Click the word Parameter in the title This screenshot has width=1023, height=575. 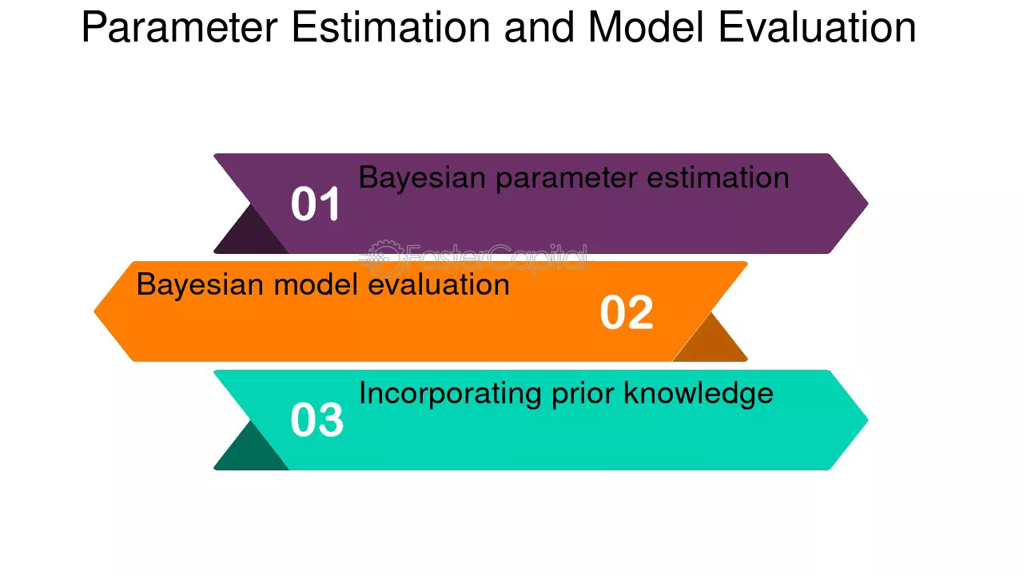point(180,28)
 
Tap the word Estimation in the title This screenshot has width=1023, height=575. point(391,27)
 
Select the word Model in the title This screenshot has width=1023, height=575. point(646,27)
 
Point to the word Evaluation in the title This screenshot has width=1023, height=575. point(818,27)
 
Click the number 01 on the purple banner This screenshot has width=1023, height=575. point(315,204)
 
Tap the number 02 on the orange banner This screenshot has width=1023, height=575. point(627,312)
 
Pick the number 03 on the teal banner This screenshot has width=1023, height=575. point(316,420)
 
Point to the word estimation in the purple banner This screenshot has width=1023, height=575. point(718,177)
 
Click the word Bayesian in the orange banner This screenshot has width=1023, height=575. point(200,286)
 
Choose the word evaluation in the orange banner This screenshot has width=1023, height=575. point(439,284)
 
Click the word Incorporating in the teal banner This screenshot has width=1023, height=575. point(450,395)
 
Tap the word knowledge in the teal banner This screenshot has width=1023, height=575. point(699,395)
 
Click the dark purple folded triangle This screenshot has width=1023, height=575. point(250,235)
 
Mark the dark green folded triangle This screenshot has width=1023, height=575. point(250,451)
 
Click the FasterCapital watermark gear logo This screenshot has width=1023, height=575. point(383,258)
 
